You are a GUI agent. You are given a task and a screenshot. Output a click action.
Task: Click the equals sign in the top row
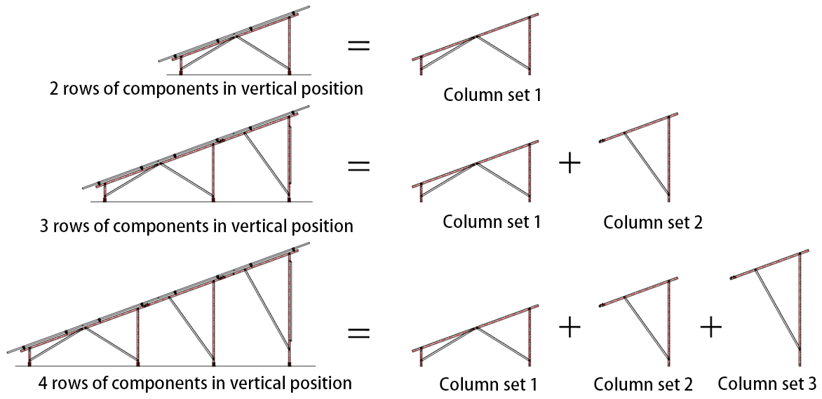pyautogui.click(x=359, y=47)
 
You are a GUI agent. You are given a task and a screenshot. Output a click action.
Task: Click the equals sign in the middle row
pyautogui.click(x=359, y=166)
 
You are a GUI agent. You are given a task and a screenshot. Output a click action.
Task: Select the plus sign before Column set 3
pyautogui.click(x=710, y=326)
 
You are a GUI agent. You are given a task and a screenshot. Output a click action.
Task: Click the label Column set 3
pyautogui.click(x=767, y=384)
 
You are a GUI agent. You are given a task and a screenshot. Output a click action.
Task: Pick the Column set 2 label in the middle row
pyautogui.click(x=653, y=223)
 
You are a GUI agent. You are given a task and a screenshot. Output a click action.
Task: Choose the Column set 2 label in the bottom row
pyautogui.click(x=643, y=384)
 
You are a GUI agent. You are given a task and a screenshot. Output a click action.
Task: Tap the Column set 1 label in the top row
pyautogui.click(x=492, y=94)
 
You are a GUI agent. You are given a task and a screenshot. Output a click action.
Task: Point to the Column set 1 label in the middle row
pyautogui.click(x=492, y=222)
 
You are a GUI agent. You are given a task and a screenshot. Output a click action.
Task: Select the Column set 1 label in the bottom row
pyautogui.click(x=489, y=384)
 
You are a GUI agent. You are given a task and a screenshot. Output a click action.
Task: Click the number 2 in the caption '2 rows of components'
pyautogui.click(x=54, y=89)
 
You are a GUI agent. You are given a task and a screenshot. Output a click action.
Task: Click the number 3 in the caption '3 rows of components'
pyautogui.click(x=46, y=226)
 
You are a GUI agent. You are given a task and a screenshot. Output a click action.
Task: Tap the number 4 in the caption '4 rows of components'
pyautogui.click(x=45, y=384)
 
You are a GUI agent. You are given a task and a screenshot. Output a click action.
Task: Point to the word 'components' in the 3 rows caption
pyautogui.click(x=170, y=226)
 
